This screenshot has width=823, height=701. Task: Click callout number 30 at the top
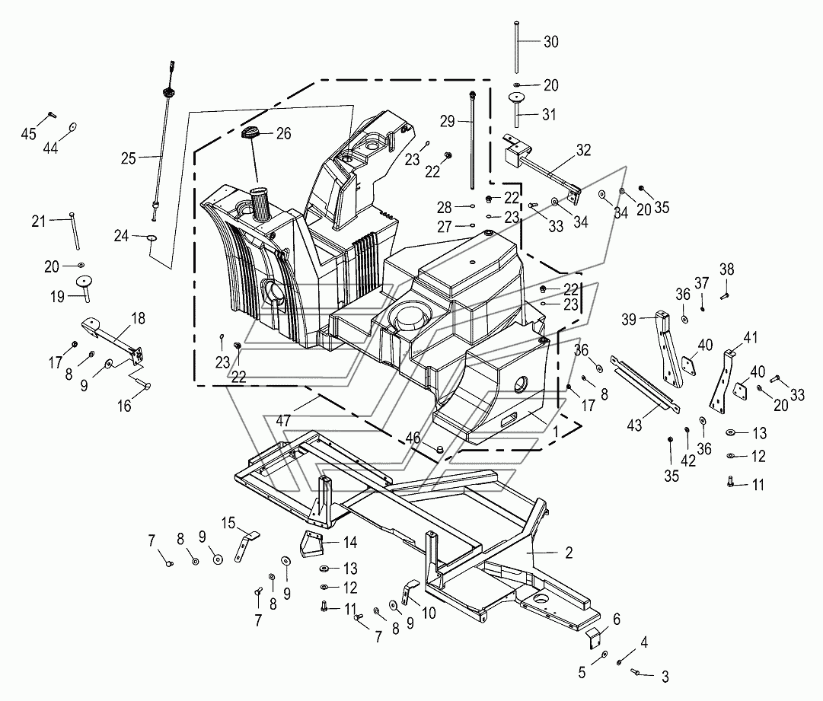(x=550, y=42)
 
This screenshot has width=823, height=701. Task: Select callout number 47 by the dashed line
(x=283, y=421)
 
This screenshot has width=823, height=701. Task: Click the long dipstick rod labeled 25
(x=164, y=142)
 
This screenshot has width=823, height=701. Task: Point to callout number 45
(x=28, y=134)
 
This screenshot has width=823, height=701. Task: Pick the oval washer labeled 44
(x=72, y=126)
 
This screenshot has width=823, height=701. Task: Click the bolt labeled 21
(x=75, y=231)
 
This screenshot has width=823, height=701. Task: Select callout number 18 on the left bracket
(x=138, y=318)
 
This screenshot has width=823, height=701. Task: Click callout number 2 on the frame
(x=569, y=553)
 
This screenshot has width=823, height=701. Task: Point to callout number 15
(x=228, y=523)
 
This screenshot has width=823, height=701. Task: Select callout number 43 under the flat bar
(x=635, y=425)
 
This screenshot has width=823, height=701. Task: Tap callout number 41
(x=751, y=337)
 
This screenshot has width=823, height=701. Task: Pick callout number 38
(x=726, y=269)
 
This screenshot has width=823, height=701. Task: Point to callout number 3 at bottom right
(x=665, y=677)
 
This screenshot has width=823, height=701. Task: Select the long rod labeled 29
(x=472, y=140)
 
